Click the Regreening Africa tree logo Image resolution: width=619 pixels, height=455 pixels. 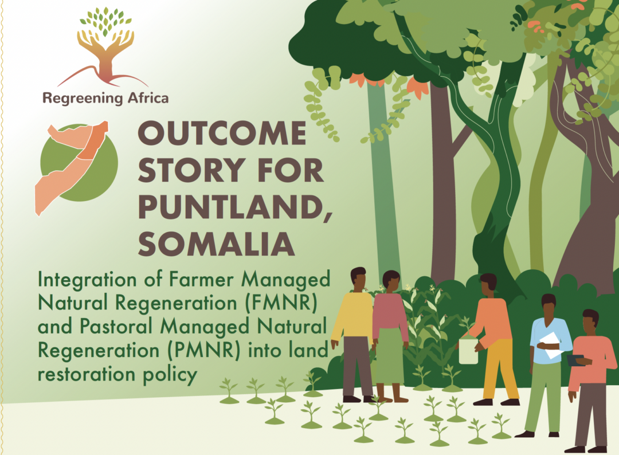tap(105, 48)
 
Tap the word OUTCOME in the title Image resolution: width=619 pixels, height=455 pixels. tap(222, 133)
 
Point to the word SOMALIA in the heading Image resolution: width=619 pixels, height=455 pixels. tap(216, 244)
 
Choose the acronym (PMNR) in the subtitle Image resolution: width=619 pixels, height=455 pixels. tap(203, 351)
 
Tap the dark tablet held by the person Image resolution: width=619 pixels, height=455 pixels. tap(576, 360)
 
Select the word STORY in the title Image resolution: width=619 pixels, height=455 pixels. tap(191, 170)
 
